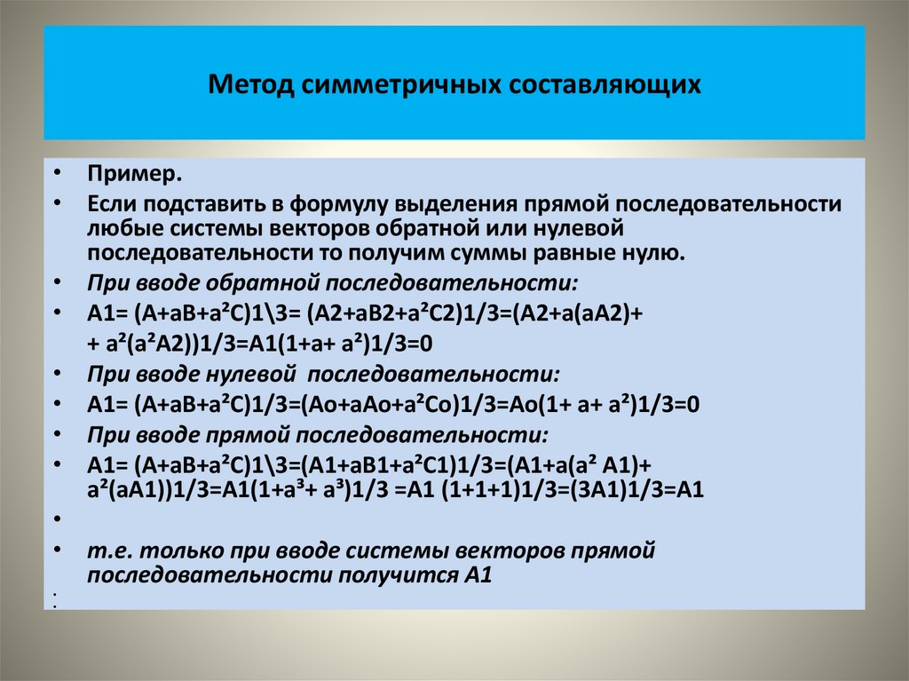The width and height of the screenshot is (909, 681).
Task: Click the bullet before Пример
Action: (56, 172)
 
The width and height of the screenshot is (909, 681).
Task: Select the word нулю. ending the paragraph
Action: (657, 253)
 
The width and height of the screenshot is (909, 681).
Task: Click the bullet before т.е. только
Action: (56, 550)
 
